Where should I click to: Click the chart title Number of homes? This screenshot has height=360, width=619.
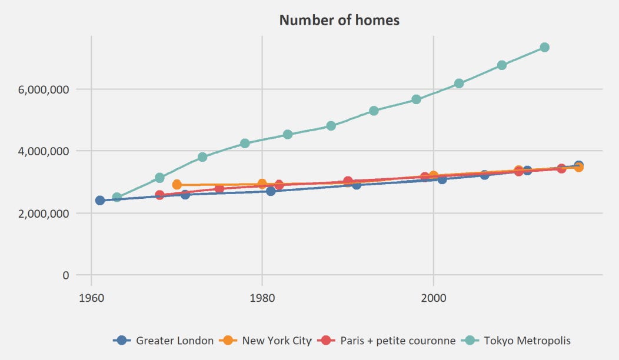[x=339, y=20]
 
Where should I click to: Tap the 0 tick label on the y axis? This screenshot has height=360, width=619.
[x=66, y=275]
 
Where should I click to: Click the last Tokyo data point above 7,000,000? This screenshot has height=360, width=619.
[x=544, y=47]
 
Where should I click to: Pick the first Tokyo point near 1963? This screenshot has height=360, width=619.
[x=117, y=197]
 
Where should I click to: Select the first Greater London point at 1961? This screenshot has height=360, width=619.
[x=100, y=201]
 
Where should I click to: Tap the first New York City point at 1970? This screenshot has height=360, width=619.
[x=177, y=185]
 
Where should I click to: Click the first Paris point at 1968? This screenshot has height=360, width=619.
[x=159, y=195]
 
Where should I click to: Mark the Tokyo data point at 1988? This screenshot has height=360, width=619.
[x=331, y=126]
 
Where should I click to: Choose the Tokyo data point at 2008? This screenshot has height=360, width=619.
[x=501, y=65]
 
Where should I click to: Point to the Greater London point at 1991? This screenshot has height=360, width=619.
[x=357, y=185]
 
